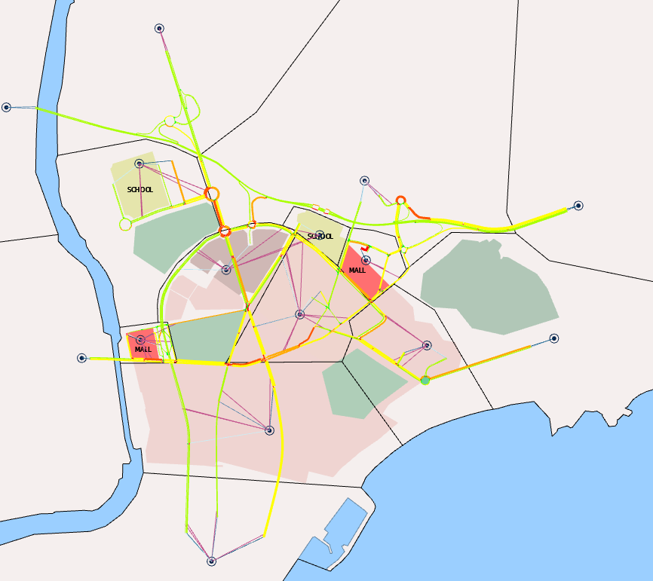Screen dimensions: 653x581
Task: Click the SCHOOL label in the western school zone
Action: pyautogui.click(x=139, y=190)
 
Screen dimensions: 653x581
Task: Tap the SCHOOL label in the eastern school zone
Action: pyautogui.click(x=320, y=237)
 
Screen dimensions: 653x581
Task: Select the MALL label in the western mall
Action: pyautogui.click(x=143, y=350)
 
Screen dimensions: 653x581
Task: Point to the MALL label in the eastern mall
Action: pyautogui.click(x=357, y=270)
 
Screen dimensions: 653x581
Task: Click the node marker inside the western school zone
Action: pyautogui.click(x=139, y=164)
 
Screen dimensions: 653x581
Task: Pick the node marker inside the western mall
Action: pyautogui.click(x=140, y=340)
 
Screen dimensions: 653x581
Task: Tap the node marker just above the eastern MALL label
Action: pyautogui.click(x=366, y=260)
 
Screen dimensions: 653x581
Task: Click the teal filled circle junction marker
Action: pyautogui.click(x=425, y=381)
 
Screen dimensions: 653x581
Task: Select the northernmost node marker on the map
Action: pyautogui.click(x=159, y=29)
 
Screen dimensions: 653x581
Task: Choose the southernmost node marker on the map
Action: pyautogui.click(x=211, y=561)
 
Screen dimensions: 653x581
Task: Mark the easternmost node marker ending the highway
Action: pyautogui.click(x=578, y=205)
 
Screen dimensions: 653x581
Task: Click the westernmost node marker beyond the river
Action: pyautogui.click(x=6, y=107)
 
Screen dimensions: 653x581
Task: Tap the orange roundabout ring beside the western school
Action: pyautogui.click(x=212, y=194)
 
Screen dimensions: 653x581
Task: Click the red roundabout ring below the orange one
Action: pyautogui.click(x=224, y=231)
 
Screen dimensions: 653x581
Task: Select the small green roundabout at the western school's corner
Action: pyautogui.click(x=125, y=224)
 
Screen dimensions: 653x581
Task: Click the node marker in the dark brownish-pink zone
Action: pyautogui.click(x=226, y=270)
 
